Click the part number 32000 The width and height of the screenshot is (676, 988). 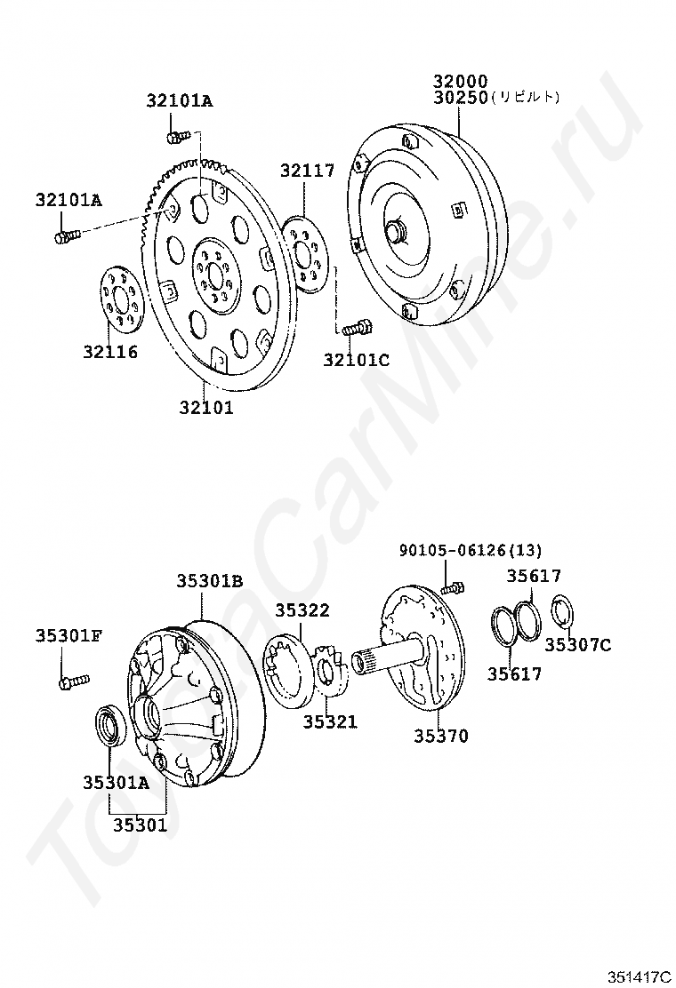461,81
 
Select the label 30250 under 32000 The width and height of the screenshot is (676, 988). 461,98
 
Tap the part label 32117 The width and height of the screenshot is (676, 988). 308,171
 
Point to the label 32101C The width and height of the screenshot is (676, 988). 356,360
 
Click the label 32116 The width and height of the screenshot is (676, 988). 111,352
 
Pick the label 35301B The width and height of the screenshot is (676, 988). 209,581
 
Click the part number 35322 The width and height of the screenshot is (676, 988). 302,610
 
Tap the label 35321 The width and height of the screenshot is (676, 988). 329,722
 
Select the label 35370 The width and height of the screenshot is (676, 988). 440,736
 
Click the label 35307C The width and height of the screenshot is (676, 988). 578,645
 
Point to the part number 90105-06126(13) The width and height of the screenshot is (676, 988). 470,551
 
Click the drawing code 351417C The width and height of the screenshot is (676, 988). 639,976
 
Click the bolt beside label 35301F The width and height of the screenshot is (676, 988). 72,681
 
